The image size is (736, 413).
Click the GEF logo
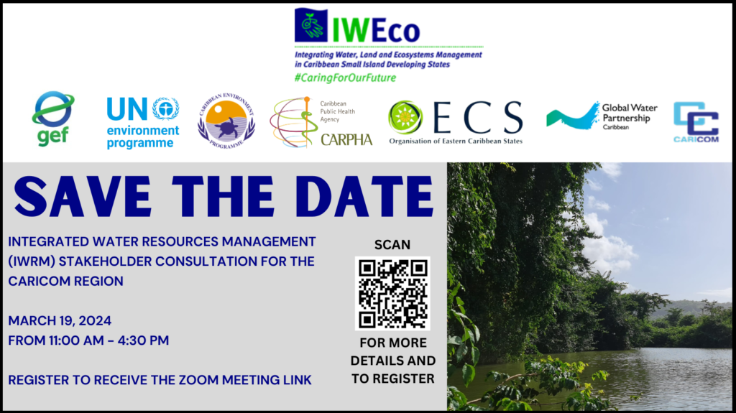[53, 119]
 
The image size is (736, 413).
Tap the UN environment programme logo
[143, 123]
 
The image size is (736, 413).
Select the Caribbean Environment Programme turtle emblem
[226, 121]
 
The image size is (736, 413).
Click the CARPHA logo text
[346, 140]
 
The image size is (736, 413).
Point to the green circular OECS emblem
[405, 117]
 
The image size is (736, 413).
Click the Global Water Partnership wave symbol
[573, 116]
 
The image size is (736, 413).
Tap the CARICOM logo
[696, 122]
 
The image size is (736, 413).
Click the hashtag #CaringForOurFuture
[345, 78]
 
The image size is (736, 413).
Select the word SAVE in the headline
[83, 196]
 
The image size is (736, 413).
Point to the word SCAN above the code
[392, 244]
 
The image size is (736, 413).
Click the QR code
[392, 293]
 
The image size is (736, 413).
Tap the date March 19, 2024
[60, 320]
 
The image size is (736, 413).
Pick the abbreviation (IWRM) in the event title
[31, 261]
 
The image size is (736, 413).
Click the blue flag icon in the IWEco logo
[310, 24]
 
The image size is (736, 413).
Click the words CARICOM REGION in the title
[65, 281]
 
